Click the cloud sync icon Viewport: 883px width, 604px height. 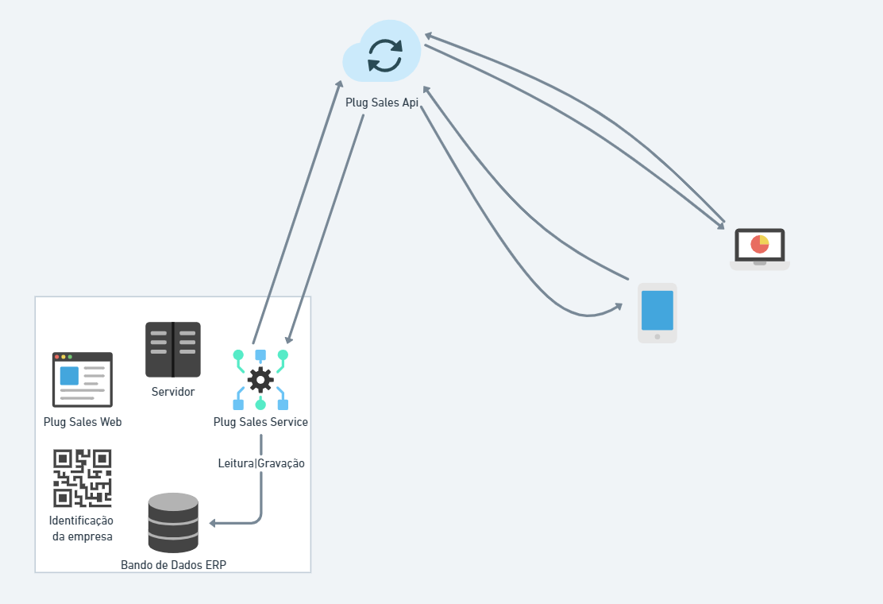pyautogui.click(x=383, y=52)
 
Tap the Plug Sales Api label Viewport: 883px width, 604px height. pyautogui.click(x=382, y=103)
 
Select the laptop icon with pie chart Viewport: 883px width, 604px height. pyautogui.click(x=760, y=249)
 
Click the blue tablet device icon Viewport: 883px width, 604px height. pyautogui.click(x=657, y=313)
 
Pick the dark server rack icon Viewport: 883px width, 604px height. pyautogui.click(x=173, y=349)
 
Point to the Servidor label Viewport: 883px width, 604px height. pyautogui.click(x=173, y=391)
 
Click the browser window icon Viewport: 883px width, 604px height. pyautogui.click(x=83, y=379)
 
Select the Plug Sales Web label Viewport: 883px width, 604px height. pyautogui.click(x=83, y=422)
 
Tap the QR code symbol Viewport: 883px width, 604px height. pyautogui.click(x=83, y=478)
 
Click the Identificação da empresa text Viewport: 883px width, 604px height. pyautogui.click(x=81, y=528)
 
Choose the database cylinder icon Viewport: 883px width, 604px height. pyautogui.click(x=173, y=522)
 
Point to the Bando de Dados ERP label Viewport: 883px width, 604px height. pyautogui.click(x=173, y=565)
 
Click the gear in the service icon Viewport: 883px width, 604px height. pyautogui.click(x=260, y=379)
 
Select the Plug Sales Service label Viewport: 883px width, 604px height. pyautogui.click(x=260, y=422)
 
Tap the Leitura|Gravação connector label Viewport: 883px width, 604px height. pyautogui.click(x=261, y=463)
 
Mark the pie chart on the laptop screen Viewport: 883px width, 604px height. pyautogui.click(x=760, y=244)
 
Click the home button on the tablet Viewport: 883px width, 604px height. pyautogui.click(x=657, y=336)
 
